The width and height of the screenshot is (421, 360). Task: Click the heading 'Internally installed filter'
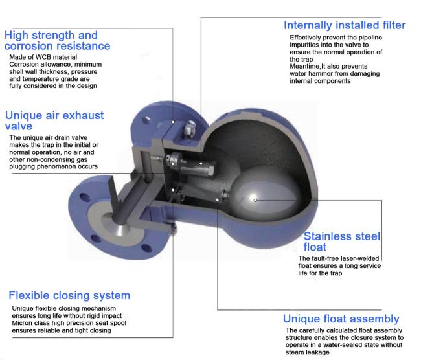coord(345,25)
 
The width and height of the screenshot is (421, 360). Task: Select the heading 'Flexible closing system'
coord(69,295)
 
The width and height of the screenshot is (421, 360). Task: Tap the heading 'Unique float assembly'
coord(341,319)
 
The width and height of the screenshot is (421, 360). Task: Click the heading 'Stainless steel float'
coord(342,242)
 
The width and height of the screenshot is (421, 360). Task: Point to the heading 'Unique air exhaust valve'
coord(54,120)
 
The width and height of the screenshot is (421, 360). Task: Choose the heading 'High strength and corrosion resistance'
coord(57,41)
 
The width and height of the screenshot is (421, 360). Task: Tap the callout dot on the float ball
coord(255,200)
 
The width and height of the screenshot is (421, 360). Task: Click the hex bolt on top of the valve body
coord(190,128)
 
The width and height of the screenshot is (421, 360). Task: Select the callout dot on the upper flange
coord(173,122)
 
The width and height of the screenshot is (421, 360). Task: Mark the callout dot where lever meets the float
coord(218,199)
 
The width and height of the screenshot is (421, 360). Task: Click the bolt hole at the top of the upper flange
coord(146,120)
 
